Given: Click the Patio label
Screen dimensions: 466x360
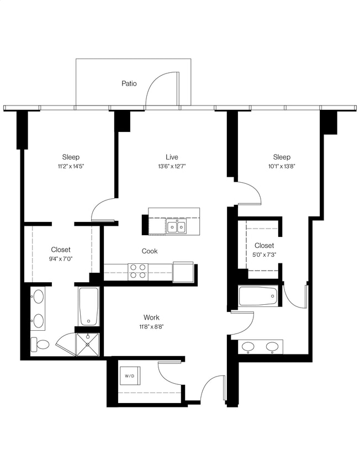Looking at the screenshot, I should [x=129, y=84].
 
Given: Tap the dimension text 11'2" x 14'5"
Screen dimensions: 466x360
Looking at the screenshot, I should [x=71, y=166].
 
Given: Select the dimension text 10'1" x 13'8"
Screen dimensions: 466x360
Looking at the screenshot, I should [x=282, y=166].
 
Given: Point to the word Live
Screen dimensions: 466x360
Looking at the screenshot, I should [x=172, y=157].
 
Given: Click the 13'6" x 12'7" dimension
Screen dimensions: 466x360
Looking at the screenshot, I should [x=172, y=166].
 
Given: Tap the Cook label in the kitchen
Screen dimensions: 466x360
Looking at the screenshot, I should [x=150, y=251].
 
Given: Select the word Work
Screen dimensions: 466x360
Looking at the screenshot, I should [x=151, y=317].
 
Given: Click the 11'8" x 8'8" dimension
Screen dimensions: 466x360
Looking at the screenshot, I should [x=151, y=326].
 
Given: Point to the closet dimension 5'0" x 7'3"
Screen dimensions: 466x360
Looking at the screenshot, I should [x=264, y=254].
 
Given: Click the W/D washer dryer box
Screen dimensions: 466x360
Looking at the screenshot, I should [x=130, y=376].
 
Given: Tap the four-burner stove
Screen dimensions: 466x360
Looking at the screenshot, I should [x=138, y=271].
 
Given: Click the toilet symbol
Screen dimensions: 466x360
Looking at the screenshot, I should [x=40, y=345].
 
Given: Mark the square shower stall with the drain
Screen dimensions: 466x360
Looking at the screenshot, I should [x=87, y=345].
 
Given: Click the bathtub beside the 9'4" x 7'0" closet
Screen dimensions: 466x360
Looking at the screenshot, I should [x=88, y=306].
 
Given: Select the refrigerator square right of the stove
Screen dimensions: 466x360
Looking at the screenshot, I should [x=183, y=271].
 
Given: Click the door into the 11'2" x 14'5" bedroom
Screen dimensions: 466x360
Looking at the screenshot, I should [x=103, y=211].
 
